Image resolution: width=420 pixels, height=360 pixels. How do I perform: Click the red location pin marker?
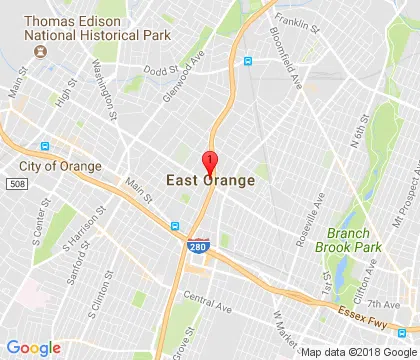(210, 163)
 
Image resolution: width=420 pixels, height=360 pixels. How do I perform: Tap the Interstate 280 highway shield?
(198, 244)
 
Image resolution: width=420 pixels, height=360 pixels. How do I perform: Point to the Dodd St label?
(160, 70)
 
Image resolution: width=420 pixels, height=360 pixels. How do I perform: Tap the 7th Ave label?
(382, 303)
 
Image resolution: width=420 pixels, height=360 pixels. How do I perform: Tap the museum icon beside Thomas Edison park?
(40, 50)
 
